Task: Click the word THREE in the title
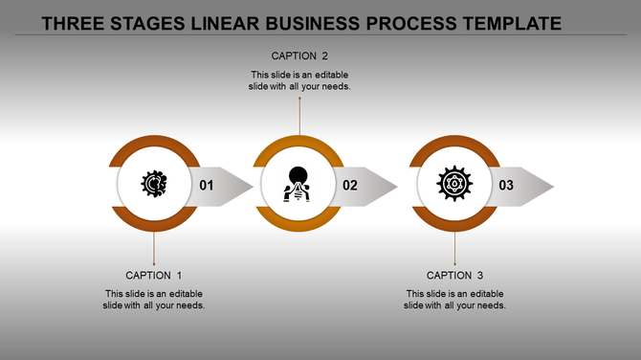coord(74,21)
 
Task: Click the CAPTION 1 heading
coord(154,276)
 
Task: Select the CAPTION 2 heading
coord(299,56)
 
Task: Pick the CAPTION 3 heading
coord(454,276)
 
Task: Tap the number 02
coord(350,186)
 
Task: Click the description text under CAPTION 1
coord(154,300)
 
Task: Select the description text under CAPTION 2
coord(299,79)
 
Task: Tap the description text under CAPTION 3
coord(454,300)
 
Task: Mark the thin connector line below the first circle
coord(154,249)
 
